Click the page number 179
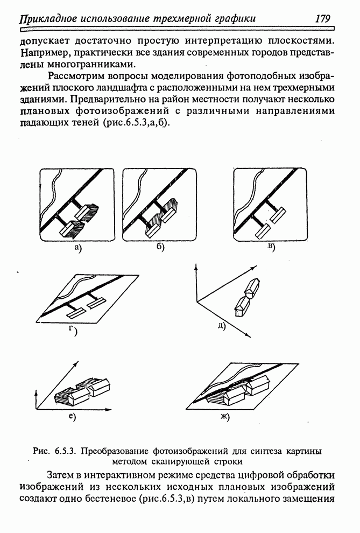(322, 19)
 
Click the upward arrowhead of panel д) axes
(197, 266)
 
